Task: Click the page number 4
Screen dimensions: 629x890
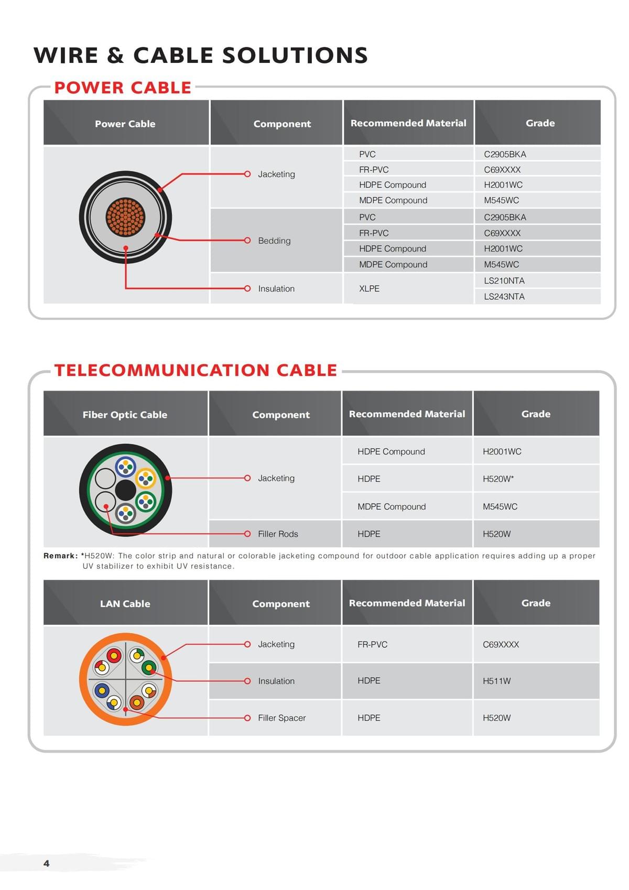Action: (x=47, y=863)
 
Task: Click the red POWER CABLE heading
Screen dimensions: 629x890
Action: (x=123, y=88)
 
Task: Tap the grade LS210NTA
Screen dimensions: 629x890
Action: (x=504, y=281)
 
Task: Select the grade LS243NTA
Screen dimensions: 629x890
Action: (x=504, y=297)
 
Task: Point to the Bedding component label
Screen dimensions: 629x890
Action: (x=274, y=241)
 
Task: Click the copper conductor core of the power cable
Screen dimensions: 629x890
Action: (x=126, y=217)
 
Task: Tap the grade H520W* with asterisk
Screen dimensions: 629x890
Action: (x=498, y=479)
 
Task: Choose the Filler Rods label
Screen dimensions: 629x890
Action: (x=278, y=534)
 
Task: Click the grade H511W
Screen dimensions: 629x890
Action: (x=497, y=681)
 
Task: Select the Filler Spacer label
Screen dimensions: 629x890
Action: (x=281, y=718)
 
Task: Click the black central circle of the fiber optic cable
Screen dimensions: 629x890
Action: (x=126, y=490)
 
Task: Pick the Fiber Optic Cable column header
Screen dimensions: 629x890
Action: (x=125, y=415)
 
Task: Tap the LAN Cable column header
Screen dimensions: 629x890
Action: (x=125, y=604)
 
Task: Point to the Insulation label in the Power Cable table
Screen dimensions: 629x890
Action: (x=276, y=289)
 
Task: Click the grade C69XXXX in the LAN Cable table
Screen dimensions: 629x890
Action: (x=501, y=645)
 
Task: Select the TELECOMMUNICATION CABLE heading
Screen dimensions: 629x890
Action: (x=196, y=370)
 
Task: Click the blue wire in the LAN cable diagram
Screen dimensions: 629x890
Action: (x=102, y=691)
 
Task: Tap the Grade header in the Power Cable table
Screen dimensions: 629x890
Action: (x=540, y=123)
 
